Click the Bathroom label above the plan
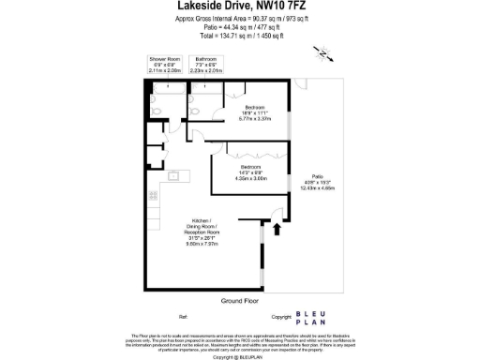(x=206, y=58)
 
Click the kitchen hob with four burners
(x=153, y=196)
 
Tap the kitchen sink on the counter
(x=173, y=175)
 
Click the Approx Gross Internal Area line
(x=240, y=19)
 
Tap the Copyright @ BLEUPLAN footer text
(x=240, y=357)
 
